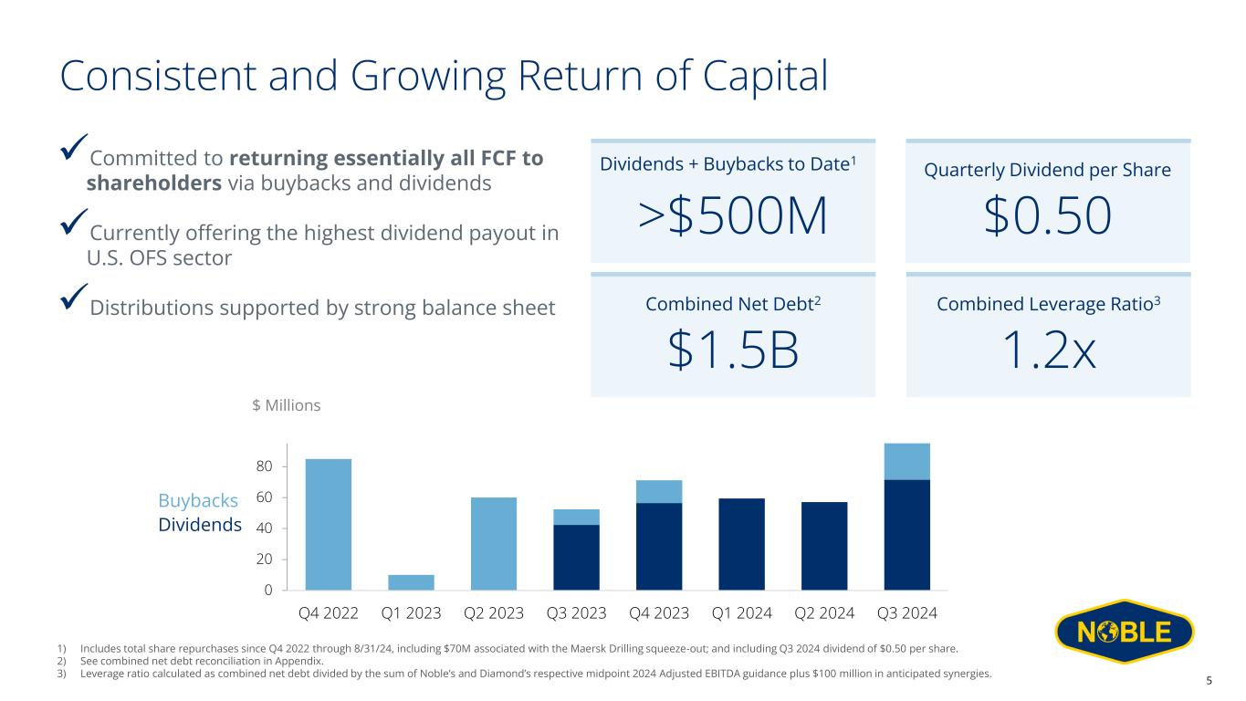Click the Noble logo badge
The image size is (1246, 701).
(x=1124, y=633)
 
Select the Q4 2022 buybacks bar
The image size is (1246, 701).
(x=329, y=524)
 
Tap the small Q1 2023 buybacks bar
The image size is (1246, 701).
(x=411, y=582)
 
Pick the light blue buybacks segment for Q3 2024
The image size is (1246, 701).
(x=907, y=462)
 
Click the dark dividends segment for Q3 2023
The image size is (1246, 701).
(x=576, y=557)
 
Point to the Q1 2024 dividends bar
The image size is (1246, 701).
(x=741, y=544)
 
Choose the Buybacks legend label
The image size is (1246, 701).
(x=198, y=501)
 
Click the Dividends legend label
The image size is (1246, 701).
(x=200, y=525)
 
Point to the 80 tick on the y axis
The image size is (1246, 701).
(x=264, y=466)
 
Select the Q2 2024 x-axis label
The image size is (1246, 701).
(x=823, y=612)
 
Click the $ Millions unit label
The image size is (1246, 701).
(x=286, y=404)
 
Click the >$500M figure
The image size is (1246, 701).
(x=732, y=216)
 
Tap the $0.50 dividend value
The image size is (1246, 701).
(x=1048, y=216)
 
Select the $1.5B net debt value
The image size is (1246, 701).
(x=733, y=350)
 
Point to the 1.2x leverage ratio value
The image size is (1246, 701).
(x=1048, y=350)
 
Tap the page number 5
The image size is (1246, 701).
(x=1209, y=681)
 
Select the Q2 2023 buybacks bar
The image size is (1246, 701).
(x=494, y=544)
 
